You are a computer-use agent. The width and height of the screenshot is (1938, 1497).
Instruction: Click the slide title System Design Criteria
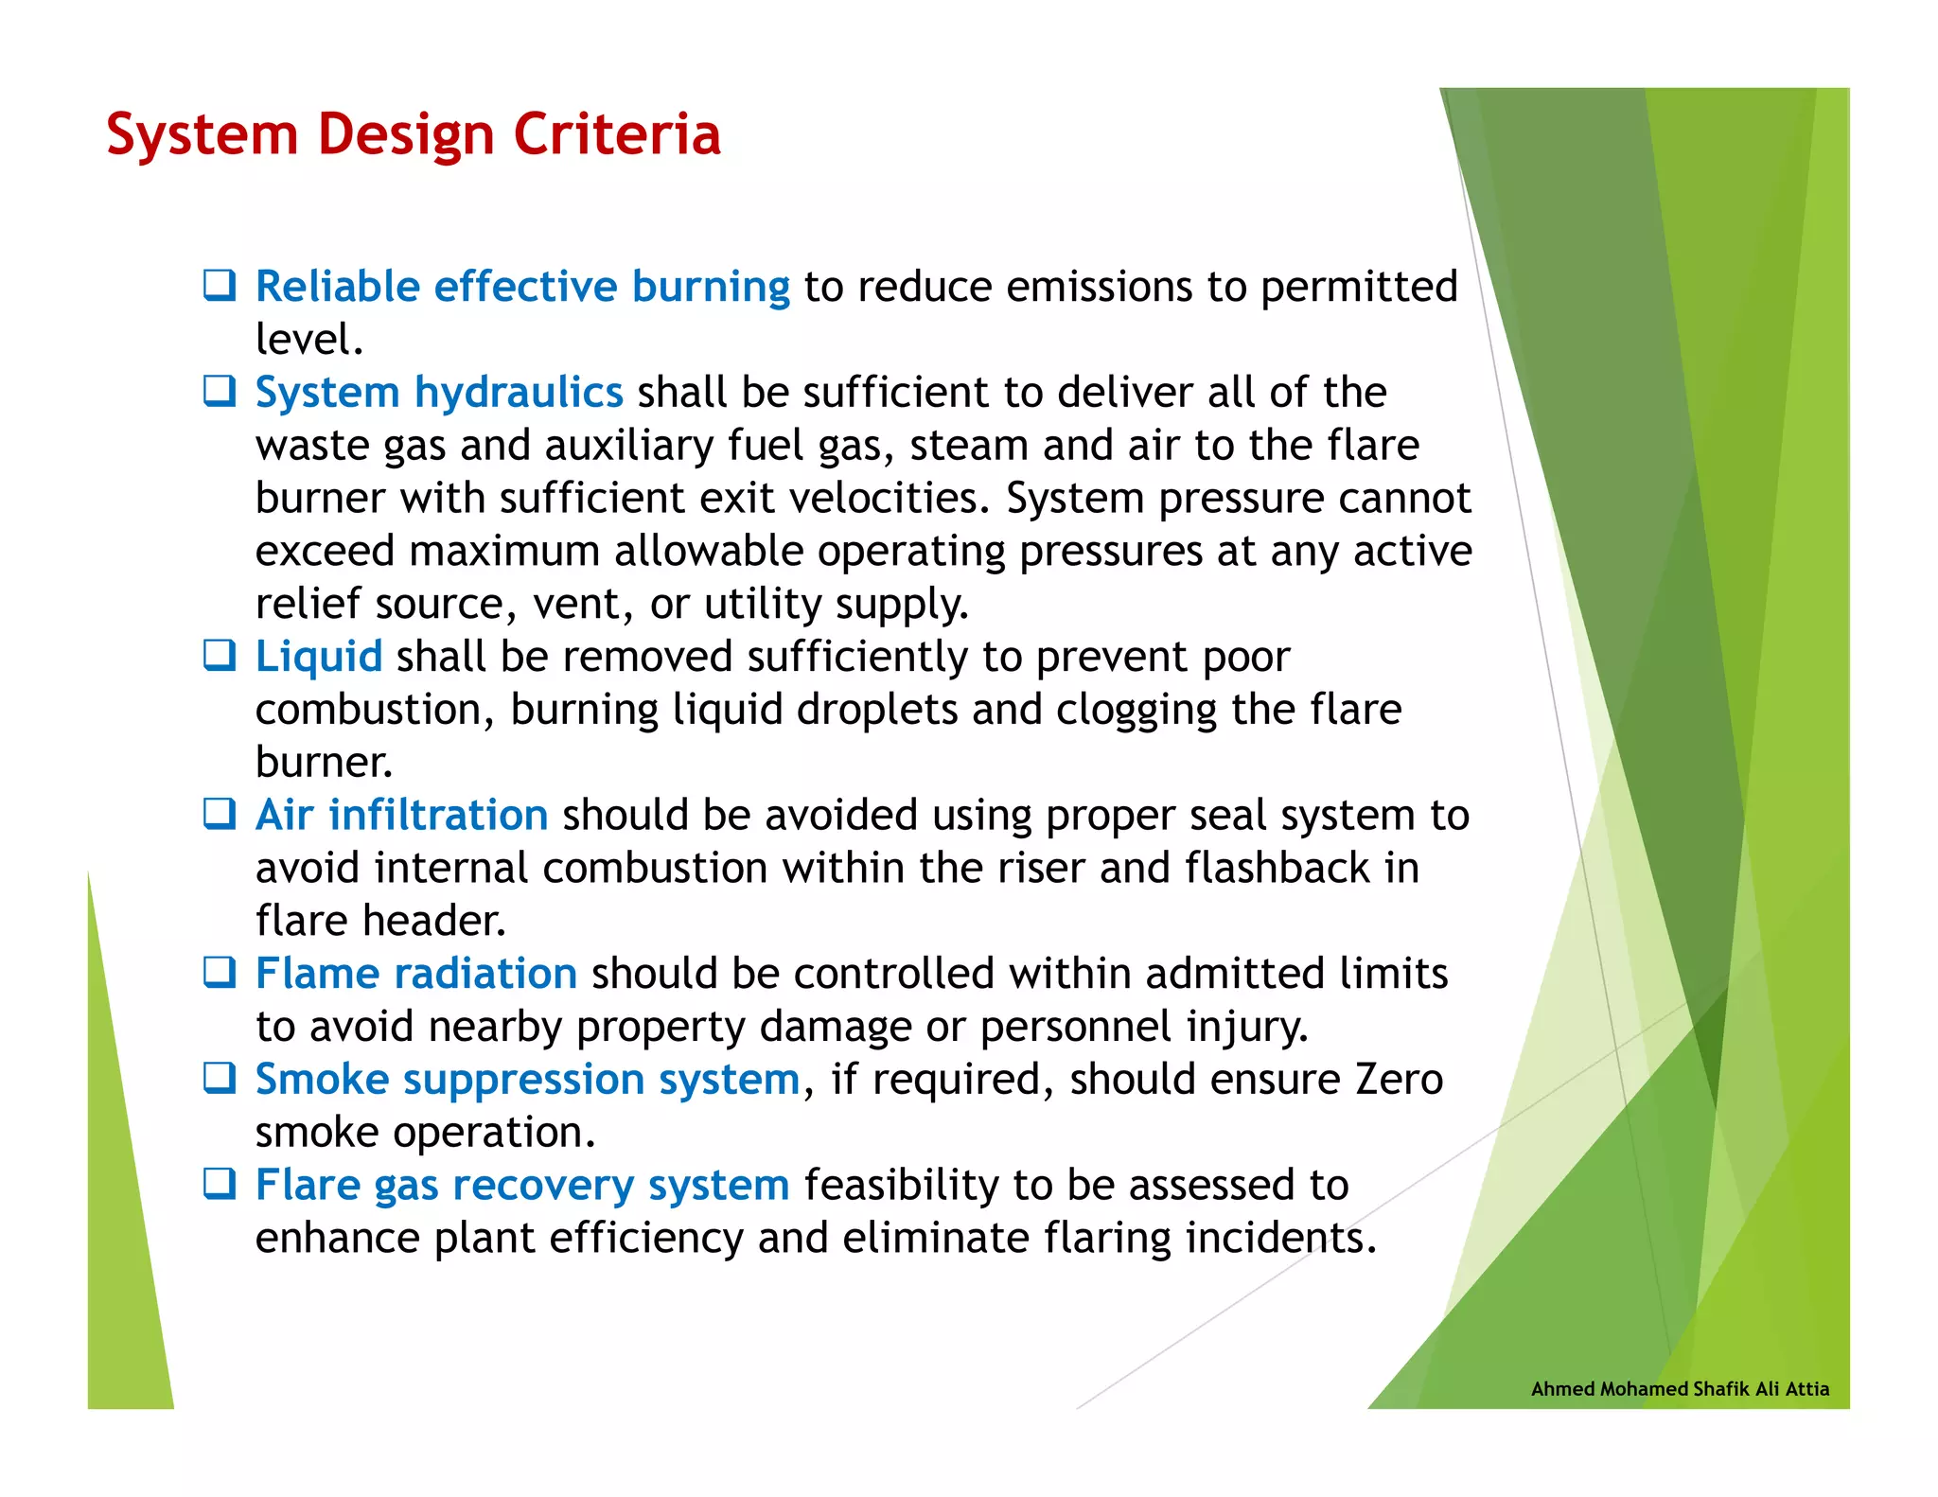tap(414, 134)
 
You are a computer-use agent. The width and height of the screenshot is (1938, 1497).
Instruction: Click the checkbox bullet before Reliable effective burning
tap(220, 285)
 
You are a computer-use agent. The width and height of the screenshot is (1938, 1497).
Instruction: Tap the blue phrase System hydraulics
tap(439, 393)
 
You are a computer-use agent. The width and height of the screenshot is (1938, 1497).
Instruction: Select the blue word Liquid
tap(319, 657)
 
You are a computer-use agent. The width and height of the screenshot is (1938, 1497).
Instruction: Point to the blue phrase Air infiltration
tap(401, 816)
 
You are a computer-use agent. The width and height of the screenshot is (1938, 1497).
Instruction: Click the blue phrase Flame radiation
tap(416, 974)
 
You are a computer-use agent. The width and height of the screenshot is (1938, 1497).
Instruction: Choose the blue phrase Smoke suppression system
tap(528, 1080)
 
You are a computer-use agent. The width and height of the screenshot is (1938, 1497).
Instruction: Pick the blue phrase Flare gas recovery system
tap(522, 1186)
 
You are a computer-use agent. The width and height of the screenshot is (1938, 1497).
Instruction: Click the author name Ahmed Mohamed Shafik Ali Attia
tap(1680, 1389)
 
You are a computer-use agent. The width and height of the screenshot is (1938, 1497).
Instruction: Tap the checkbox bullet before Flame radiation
tap(220, 972)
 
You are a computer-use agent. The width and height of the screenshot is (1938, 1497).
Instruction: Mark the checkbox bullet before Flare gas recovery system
tap(220, 1184)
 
